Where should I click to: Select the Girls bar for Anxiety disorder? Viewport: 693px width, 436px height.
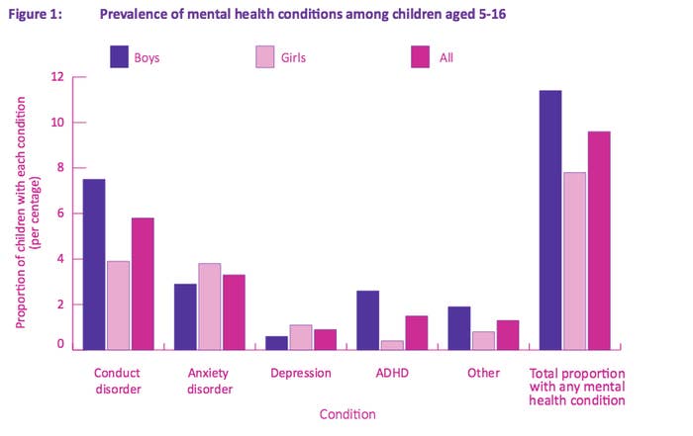pos(209,306)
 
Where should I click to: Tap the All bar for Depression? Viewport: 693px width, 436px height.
pos(325,339)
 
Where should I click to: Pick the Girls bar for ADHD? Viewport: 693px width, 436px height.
pos(391,344)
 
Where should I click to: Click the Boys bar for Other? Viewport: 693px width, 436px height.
pos(458,327)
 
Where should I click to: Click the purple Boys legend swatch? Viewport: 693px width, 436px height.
pos(120,57)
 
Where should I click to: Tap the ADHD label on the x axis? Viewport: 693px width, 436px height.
pos(391,374)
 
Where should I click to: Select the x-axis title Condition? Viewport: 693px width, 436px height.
pos(347,414)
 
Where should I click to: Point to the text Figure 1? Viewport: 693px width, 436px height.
pos(35,13)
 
